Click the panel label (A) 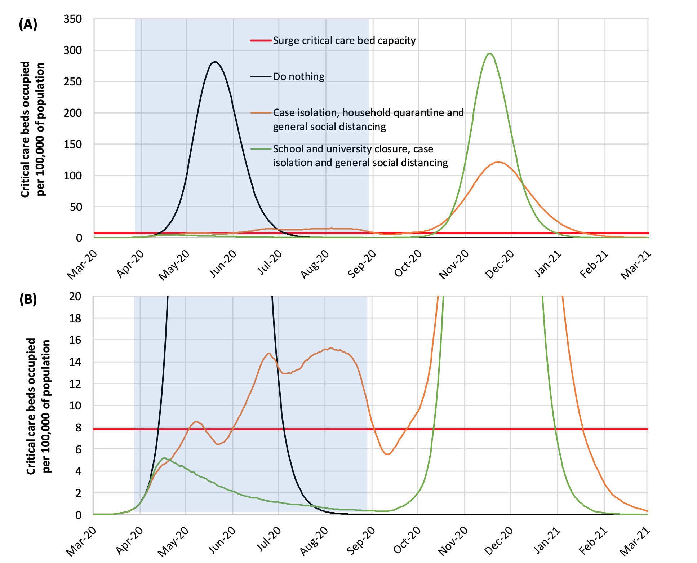28,25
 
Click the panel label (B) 28,300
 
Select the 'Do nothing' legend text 299,76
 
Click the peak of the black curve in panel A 215,62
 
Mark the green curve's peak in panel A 489,54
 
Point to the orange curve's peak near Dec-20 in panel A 498,162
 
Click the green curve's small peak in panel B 164,458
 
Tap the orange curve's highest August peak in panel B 331,348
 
